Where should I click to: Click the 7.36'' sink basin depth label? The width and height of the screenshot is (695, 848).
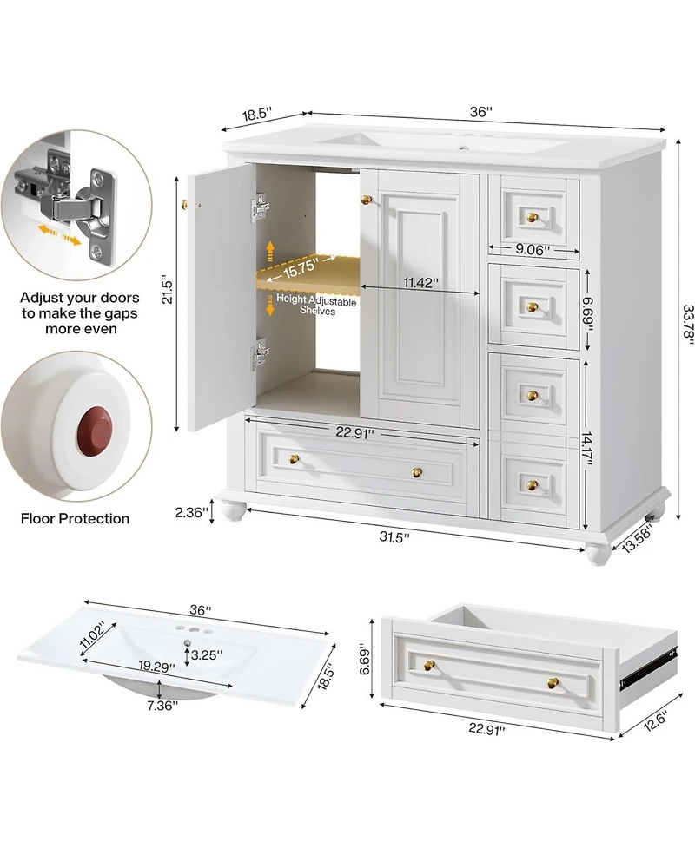tap(162, 705)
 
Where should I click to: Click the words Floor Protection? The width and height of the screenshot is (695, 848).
tap(76, 519)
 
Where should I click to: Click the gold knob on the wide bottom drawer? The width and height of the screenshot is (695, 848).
tap(416, 471)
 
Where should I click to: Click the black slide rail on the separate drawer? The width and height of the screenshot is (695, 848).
tap(644, 667)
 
